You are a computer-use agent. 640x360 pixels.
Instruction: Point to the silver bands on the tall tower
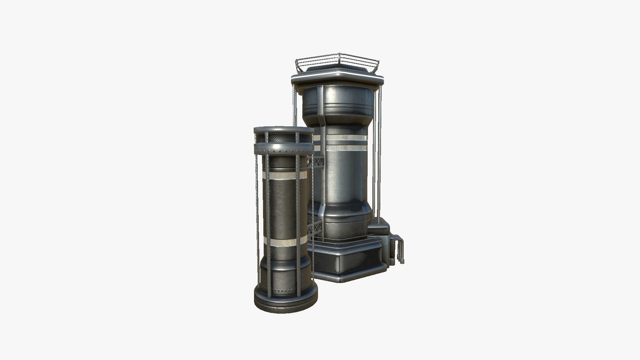(x=347, y=142)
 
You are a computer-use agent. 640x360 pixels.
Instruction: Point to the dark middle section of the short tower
(x=282, y=208)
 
